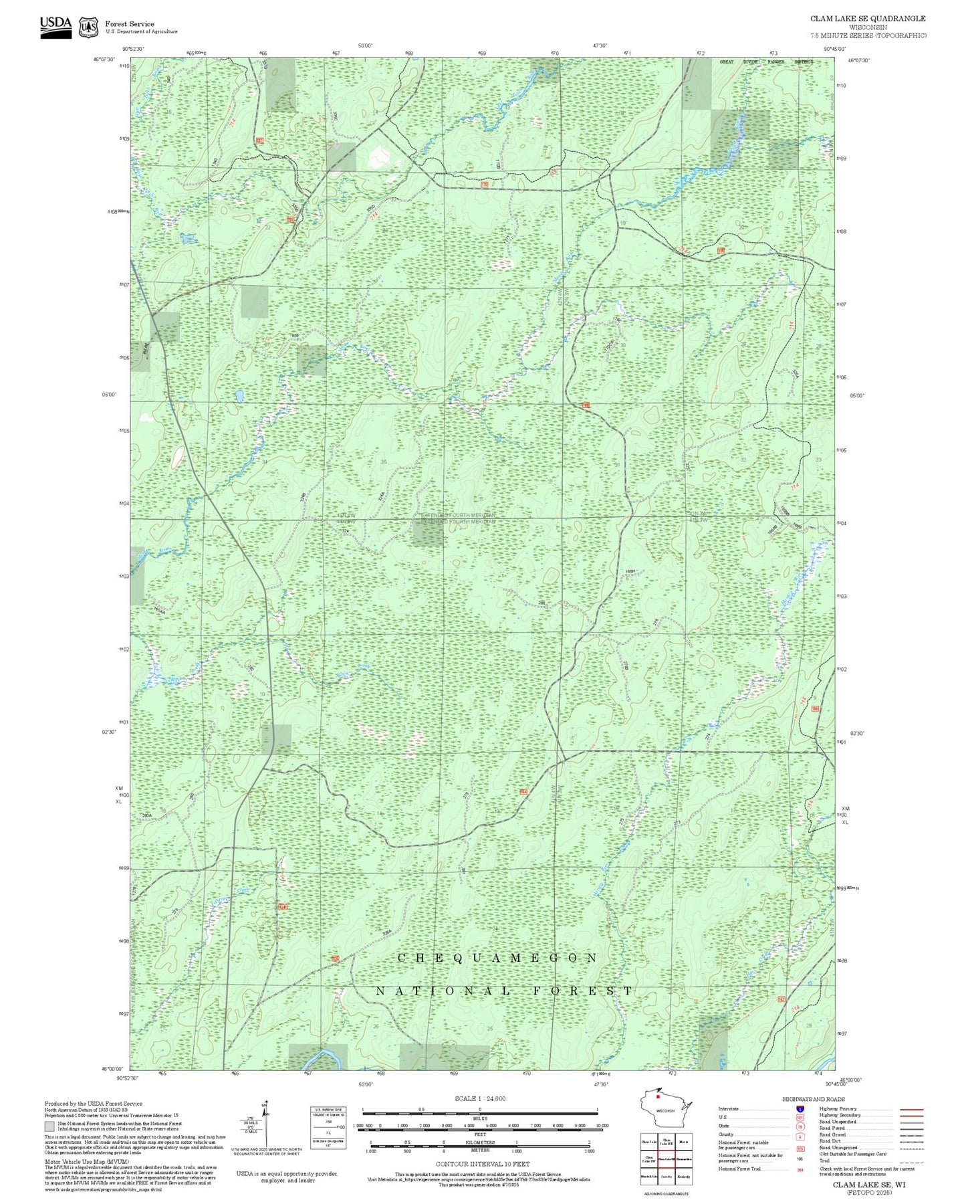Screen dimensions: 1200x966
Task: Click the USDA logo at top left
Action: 55,26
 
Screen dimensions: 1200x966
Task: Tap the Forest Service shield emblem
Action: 88,27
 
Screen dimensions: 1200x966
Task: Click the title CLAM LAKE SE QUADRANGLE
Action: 868,18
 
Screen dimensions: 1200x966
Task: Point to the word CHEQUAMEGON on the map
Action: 497,958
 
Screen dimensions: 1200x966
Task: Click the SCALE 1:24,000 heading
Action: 479,1098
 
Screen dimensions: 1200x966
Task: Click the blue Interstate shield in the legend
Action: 800,1109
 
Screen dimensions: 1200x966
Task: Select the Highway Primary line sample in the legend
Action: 912,1109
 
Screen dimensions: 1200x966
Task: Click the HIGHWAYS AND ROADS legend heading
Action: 814,1099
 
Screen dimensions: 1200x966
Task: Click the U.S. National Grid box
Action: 328,1127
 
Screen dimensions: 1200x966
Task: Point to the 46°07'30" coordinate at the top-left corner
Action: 104,60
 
